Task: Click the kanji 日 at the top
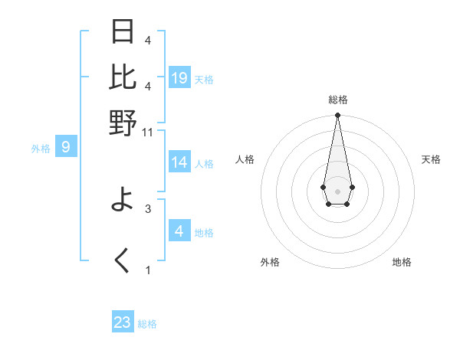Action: click(x=123, y=31)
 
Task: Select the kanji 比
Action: click(x=123, y=77)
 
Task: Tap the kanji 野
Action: click(x=123, y=123)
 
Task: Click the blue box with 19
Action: click(x=179, y=77)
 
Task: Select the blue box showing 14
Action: click(x=179, y=162)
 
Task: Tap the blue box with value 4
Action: click(x=179, y=231)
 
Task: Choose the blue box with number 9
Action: click(x=66, y=146)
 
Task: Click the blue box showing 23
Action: click(x=123, y=322)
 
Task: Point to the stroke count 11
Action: click(x=148, y=132)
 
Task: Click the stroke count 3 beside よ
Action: click(x=148, y=208)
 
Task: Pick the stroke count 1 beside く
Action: click(x=148, y=270)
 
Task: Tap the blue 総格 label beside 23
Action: click(x=148, y=324)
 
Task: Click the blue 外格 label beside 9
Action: click(x=41, y=149)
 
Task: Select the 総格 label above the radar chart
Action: click(x=337, y=100)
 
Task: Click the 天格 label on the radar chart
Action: click(x=431, y=159)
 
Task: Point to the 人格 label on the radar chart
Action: click(x=245, y=159)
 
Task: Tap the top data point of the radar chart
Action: click(x=337, y=116)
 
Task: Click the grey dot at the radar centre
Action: click(x=337, y=191)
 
